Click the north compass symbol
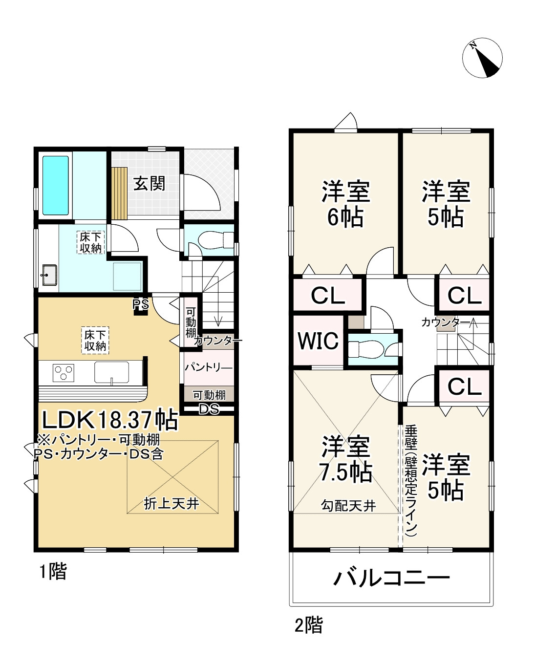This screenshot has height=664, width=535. pos(482,57)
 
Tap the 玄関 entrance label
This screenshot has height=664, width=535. pos(150,184)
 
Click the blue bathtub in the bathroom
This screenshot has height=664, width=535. pos(55,185)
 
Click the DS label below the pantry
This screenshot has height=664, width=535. pos(209,409)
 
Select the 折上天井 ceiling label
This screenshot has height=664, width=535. pos(171,503)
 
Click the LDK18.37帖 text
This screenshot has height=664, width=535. pos(109,419)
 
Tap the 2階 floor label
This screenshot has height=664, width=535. pos(308,625)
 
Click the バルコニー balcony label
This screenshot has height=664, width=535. pos(391,579)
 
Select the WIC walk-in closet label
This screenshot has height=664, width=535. pos(318,341)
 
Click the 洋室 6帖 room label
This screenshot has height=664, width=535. pos(345,204)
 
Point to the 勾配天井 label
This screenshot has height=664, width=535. pos(348,505)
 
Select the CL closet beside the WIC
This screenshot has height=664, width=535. pos(328,295)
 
